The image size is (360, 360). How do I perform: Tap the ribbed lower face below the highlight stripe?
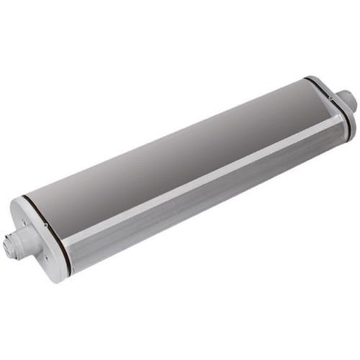point(202,209)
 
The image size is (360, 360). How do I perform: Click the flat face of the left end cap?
point(36,245)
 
